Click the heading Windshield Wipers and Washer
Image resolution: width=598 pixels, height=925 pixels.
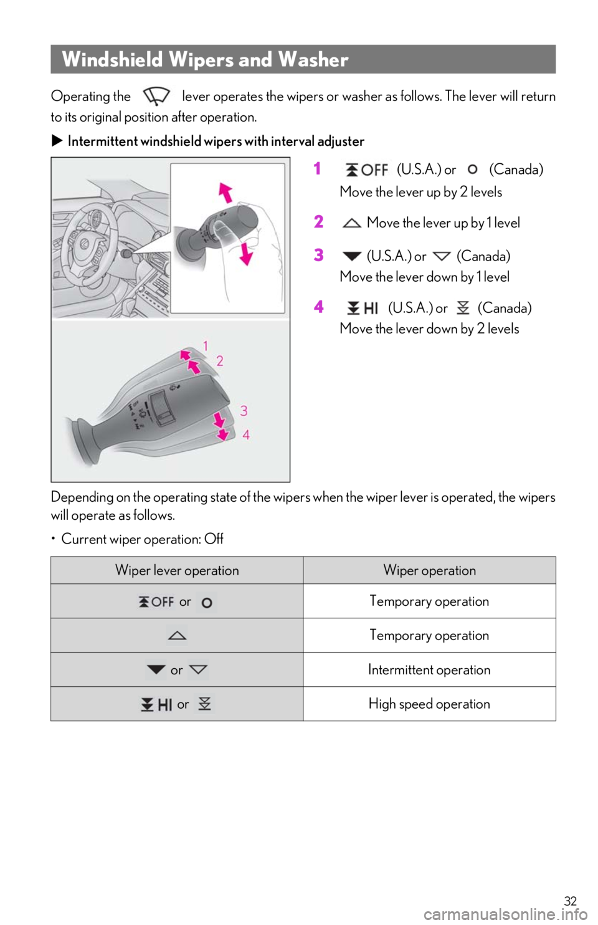(x=205, y=59)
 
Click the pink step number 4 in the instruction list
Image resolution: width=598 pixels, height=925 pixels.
(x=318, y=307)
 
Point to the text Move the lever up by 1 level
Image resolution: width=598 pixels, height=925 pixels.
(x=444, y=223)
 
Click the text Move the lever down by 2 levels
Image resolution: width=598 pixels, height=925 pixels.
(x=429, y=328)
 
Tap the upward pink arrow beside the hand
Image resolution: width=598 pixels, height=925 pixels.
(x=225, y=193)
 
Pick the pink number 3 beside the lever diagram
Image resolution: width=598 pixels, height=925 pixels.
(x=244, y=411)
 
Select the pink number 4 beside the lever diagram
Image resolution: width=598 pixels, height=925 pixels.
(x=245, y=434)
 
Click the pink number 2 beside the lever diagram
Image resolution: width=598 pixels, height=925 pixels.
(x=220, y=362)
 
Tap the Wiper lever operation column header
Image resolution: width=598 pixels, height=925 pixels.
(x=177, y=570)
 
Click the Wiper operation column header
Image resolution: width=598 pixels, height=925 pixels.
(x=430, y=570)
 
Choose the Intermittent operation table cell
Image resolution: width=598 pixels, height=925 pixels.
(x=429, y=669)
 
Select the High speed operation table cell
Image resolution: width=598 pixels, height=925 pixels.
(x=429, y=704)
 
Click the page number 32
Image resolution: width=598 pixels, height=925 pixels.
(x=570, y=901)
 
